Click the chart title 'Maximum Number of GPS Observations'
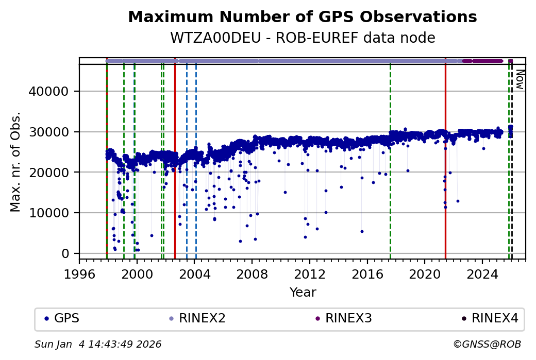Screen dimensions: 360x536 (x=303, y=17)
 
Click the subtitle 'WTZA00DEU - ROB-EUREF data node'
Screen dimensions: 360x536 (x=303, y=38)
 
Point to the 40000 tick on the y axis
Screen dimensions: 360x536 (x=54, y=91)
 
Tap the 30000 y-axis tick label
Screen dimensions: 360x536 (x=54, y=132)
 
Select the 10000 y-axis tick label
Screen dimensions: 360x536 (x=54, y=213)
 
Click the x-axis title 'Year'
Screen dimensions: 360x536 (x=303, y=293)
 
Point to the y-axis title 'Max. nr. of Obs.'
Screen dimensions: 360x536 (x=15, y=162)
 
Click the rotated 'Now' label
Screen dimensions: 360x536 (x=520, y=79)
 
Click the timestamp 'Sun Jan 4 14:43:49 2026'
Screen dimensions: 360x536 (x=98, y=344)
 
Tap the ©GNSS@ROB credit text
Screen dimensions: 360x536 (x=487, y=344)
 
